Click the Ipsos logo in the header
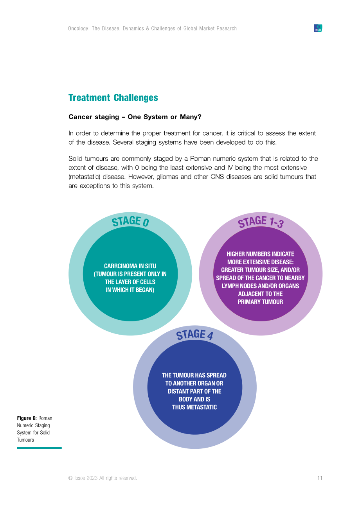point(318,28)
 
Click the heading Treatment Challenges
point(113,97)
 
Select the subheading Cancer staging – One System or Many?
point(135,117)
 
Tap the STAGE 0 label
point(130,221)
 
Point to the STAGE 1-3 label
point(261,222)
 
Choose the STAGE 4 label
point(194,335)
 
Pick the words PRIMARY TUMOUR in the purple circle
point(260,302)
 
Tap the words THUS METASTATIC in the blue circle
point(194,407)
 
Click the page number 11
point(320,478)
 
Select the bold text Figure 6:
point(27,418)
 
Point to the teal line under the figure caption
point(40,448)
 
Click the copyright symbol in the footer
point(70,478)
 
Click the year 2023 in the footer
point(92,478)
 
